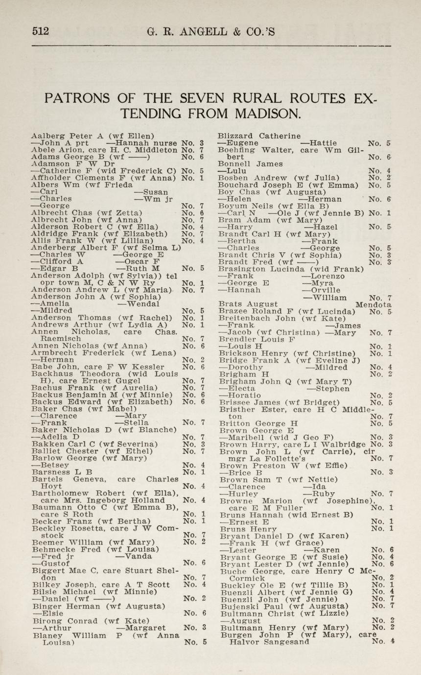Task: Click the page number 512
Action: [41, 32]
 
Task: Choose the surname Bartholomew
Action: [58, 493]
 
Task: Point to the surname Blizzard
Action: [236, 136]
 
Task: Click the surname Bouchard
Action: [237, 185]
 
